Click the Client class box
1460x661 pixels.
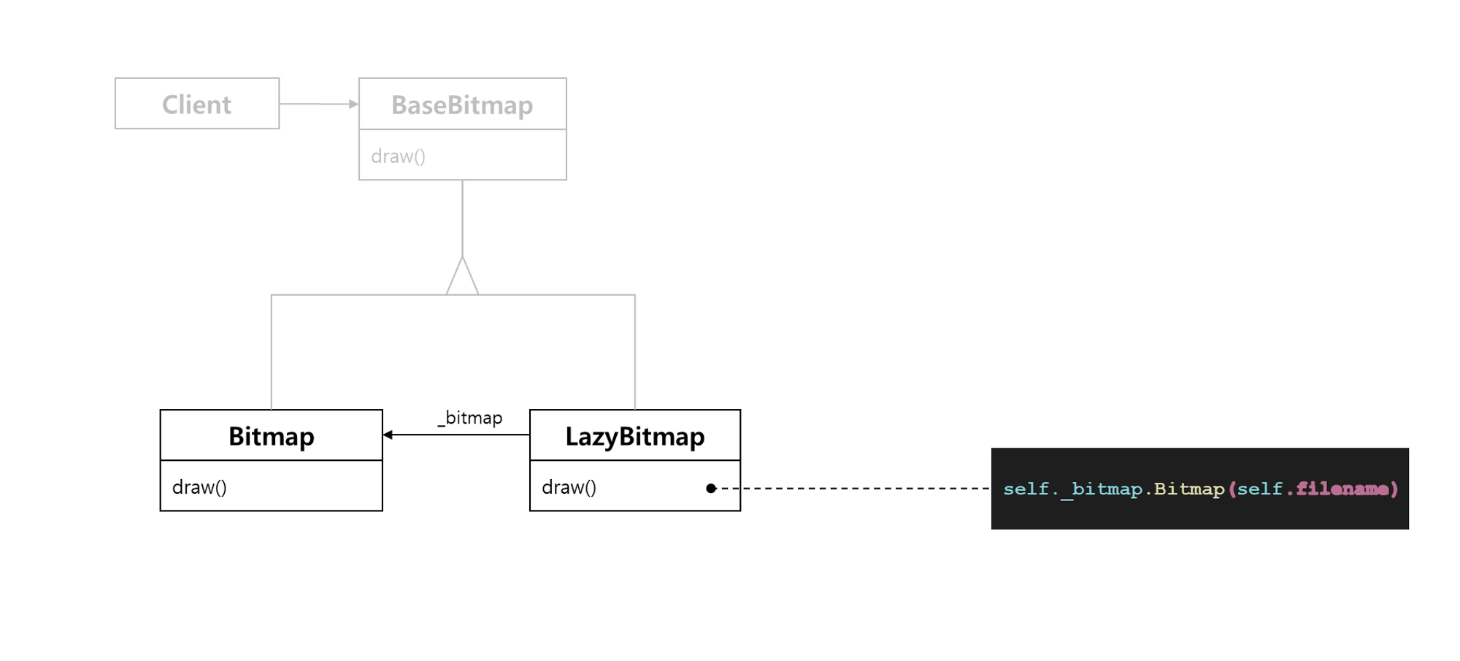(197, 104)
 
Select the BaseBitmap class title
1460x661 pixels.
(462, 104)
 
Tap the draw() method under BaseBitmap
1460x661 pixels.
(399, 156)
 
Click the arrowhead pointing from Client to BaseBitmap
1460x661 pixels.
(354, 104)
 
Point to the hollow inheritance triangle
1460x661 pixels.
(462, 278)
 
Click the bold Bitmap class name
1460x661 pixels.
(272, 436)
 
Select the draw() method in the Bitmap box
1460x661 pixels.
(199, 487)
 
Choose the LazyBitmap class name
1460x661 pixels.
(635, 436)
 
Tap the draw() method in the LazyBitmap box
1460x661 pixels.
(569, 487)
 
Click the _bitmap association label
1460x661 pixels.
(471, 418)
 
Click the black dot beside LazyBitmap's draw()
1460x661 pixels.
(711, 488)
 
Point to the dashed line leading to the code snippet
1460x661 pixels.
(854, 488)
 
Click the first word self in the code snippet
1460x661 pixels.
(1026, 489)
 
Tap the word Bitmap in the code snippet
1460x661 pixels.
(1188, 489)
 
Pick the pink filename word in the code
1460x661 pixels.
(1342, 489)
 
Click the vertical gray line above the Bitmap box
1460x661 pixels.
(272, 351)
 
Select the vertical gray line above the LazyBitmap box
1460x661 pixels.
(635, 351)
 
